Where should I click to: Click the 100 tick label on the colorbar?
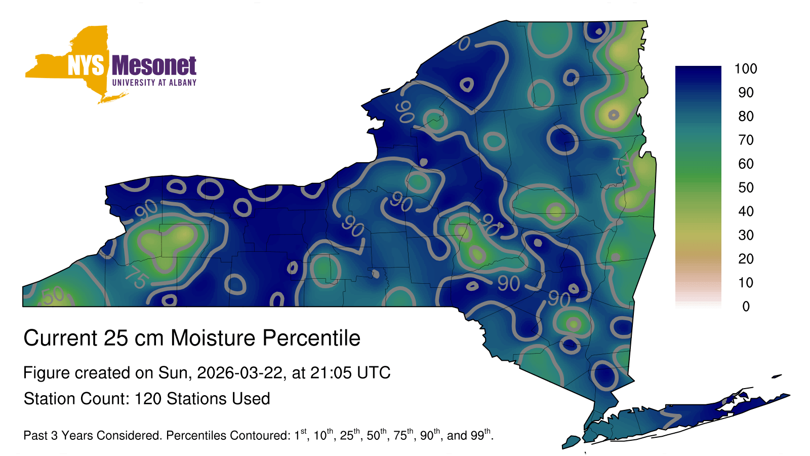pyautogui.click(x=746, y=68)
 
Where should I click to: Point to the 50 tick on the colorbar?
pyautogui.click(x=746, y=187)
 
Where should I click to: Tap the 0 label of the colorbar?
pyautogui.click(x=746, y=307)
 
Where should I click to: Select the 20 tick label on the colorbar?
pyautogui.click(x=746, y=259)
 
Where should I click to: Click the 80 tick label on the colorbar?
pyautogui.click(x=746, y=116)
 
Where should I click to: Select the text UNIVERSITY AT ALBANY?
pyautogui.click(x=154, y=83)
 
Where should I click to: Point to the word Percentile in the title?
pyautogui.click(x=311, y=338)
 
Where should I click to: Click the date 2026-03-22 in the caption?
pyautogui.click(x=240, y=373)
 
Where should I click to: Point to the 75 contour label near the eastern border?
pyautogui.click(x=623, y=165)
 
